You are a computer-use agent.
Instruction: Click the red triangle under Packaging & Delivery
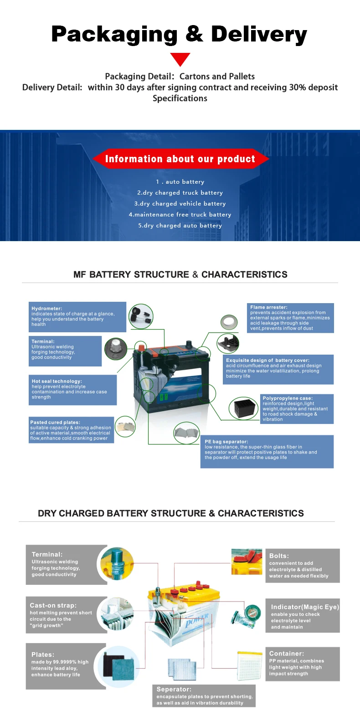point(180,59)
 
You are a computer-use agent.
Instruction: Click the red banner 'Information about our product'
point(180,159)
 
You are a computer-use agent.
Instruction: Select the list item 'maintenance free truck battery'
point(180,215)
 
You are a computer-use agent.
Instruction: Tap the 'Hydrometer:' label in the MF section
point(47,309)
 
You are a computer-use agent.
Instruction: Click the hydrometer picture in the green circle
point(141,316)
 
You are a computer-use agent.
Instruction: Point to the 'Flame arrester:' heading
point(269,307)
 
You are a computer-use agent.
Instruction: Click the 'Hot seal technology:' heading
point(57,381)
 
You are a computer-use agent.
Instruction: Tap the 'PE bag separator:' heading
point(226,442)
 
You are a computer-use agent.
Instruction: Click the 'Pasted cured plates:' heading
point(55,423)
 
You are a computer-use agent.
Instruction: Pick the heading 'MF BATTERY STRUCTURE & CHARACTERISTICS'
point(180,274)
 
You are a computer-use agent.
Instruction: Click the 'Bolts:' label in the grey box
point(279,556)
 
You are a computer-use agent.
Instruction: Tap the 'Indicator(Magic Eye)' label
point(305,607)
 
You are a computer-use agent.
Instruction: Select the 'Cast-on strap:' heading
point(53,605)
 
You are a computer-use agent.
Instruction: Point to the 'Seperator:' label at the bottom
point(174,689)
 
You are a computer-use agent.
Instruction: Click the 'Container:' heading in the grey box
point(287,654)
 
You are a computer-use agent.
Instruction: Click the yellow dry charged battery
point(185,613)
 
